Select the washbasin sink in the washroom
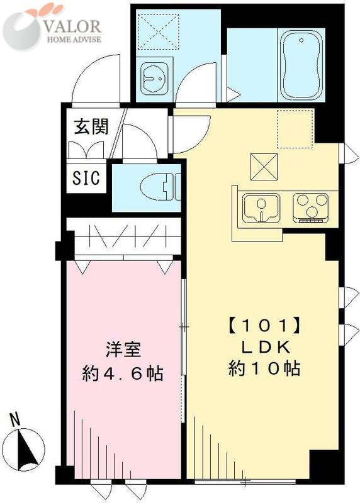pyautogui.click(x=153, y=79)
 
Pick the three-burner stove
pyautogui.click(x=312, y=207)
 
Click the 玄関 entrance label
pyautogui.click(x=91, y=126)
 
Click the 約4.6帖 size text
pyautogui.click(x=123, y=373)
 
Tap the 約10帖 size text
pyautogui.click(x=262, y=368)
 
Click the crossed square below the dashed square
pyautogui.click(x=263, y=166)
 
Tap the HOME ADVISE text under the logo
pyautogui.click(x=74, y=40)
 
